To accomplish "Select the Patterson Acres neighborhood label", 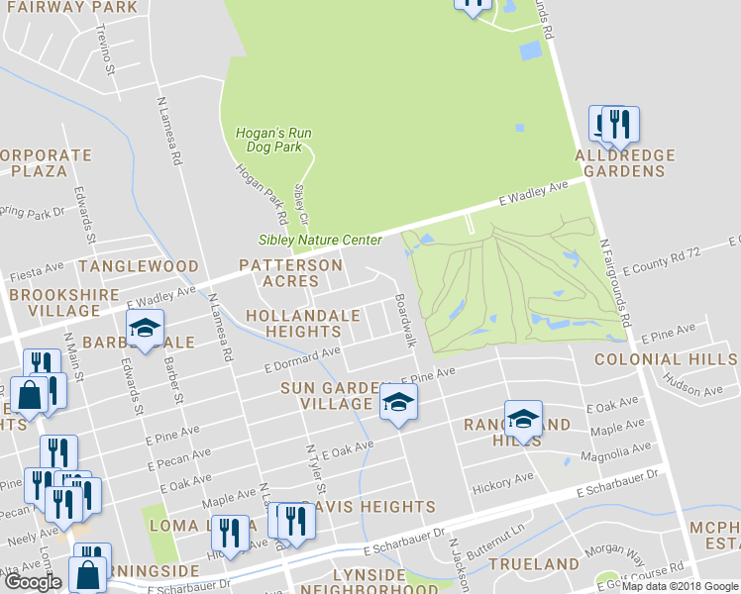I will (x=290, y=273).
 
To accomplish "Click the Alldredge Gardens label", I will (x=625, y=163).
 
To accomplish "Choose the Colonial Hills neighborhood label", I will (x=667, y=359).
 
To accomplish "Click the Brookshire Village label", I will (x=54, y=302).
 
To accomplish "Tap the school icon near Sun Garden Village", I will (x=398, y=402).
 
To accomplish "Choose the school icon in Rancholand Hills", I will (x=523, y=419).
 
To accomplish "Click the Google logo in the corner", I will (x=33, y=582).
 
